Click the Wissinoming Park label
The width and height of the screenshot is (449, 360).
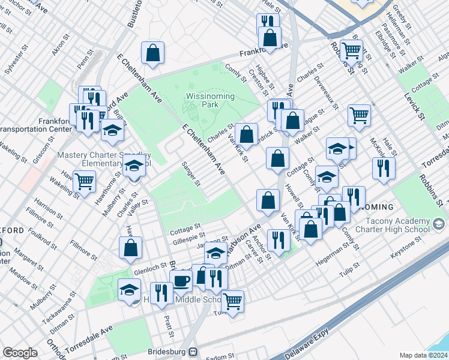202,100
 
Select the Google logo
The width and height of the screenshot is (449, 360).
20,353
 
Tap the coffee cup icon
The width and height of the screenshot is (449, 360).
181,280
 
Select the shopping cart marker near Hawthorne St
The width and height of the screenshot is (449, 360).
85,181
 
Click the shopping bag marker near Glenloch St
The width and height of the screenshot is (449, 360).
130,248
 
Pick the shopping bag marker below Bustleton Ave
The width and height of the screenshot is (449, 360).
153,52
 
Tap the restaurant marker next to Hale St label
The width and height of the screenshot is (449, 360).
383,167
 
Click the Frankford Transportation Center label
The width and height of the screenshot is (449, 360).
27,124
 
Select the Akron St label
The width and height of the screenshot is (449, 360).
61,46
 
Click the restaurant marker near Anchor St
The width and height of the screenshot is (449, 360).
278,239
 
